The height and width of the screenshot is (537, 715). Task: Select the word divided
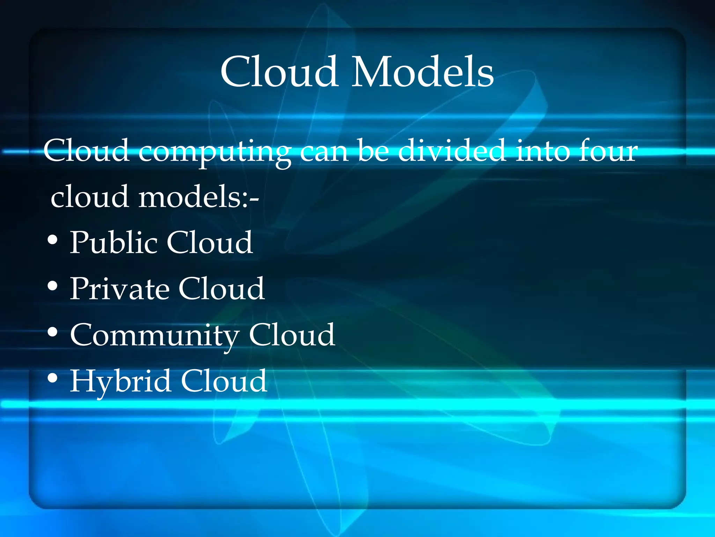(452, 151)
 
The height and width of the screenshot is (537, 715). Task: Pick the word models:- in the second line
(198, 197)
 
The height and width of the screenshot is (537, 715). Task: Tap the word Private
(120, 289)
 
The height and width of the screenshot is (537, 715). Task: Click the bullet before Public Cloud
(52, 241)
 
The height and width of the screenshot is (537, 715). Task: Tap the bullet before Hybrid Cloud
(52, 378)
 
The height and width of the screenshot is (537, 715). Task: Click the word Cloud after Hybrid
(224, 381)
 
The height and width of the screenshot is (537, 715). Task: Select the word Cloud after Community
(292, 335)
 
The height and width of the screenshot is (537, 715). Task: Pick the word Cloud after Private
(222, 289)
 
